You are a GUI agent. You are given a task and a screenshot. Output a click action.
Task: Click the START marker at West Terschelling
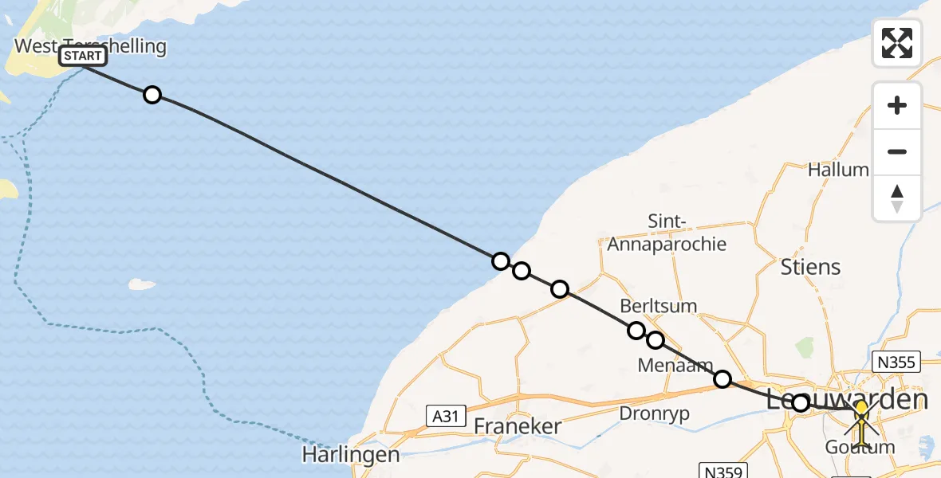coord(83,56)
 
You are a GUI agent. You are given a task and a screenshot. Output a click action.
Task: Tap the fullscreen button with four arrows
coord(897,42)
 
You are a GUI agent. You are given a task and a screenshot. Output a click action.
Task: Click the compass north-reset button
coord(897,198)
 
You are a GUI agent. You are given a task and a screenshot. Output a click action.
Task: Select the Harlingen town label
coord(351,455)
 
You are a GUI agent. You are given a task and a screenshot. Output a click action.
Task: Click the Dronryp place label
coord(654,413)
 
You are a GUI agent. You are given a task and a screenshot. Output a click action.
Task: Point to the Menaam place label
coord(675,365)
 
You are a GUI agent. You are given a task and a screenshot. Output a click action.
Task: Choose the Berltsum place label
coord(659,305)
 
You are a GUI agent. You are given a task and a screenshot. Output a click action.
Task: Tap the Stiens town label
coord(811,266)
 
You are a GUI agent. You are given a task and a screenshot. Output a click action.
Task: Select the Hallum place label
coord(838,170)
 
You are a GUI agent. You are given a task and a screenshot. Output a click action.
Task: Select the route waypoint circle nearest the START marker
coord(152,95)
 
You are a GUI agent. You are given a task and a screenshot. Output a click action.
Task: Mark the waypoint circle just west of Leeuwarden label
coord(800,403)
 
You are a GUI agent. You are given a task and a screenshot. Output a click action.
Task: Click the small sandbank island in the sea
coord(142,284)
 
